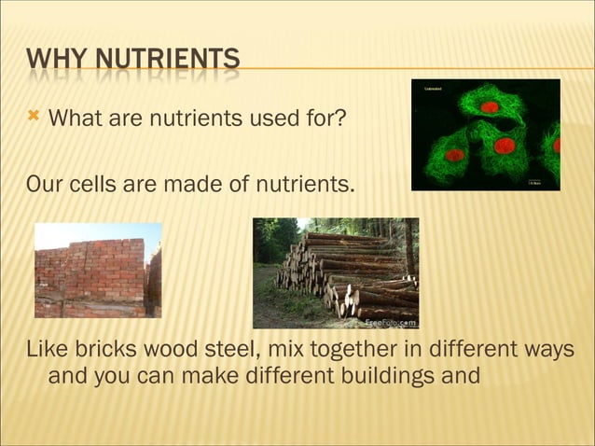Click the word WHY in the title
56,63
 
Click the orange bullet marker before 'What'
35,117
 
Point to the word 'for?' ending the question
324,118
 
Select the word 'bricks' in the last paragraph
108,350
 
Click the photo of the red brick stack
97,271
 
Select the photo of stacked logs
336,272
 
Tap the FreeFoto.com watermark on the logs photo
390,322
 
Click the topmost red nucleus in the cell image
490,107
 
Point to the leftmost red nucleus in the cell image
455,155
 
